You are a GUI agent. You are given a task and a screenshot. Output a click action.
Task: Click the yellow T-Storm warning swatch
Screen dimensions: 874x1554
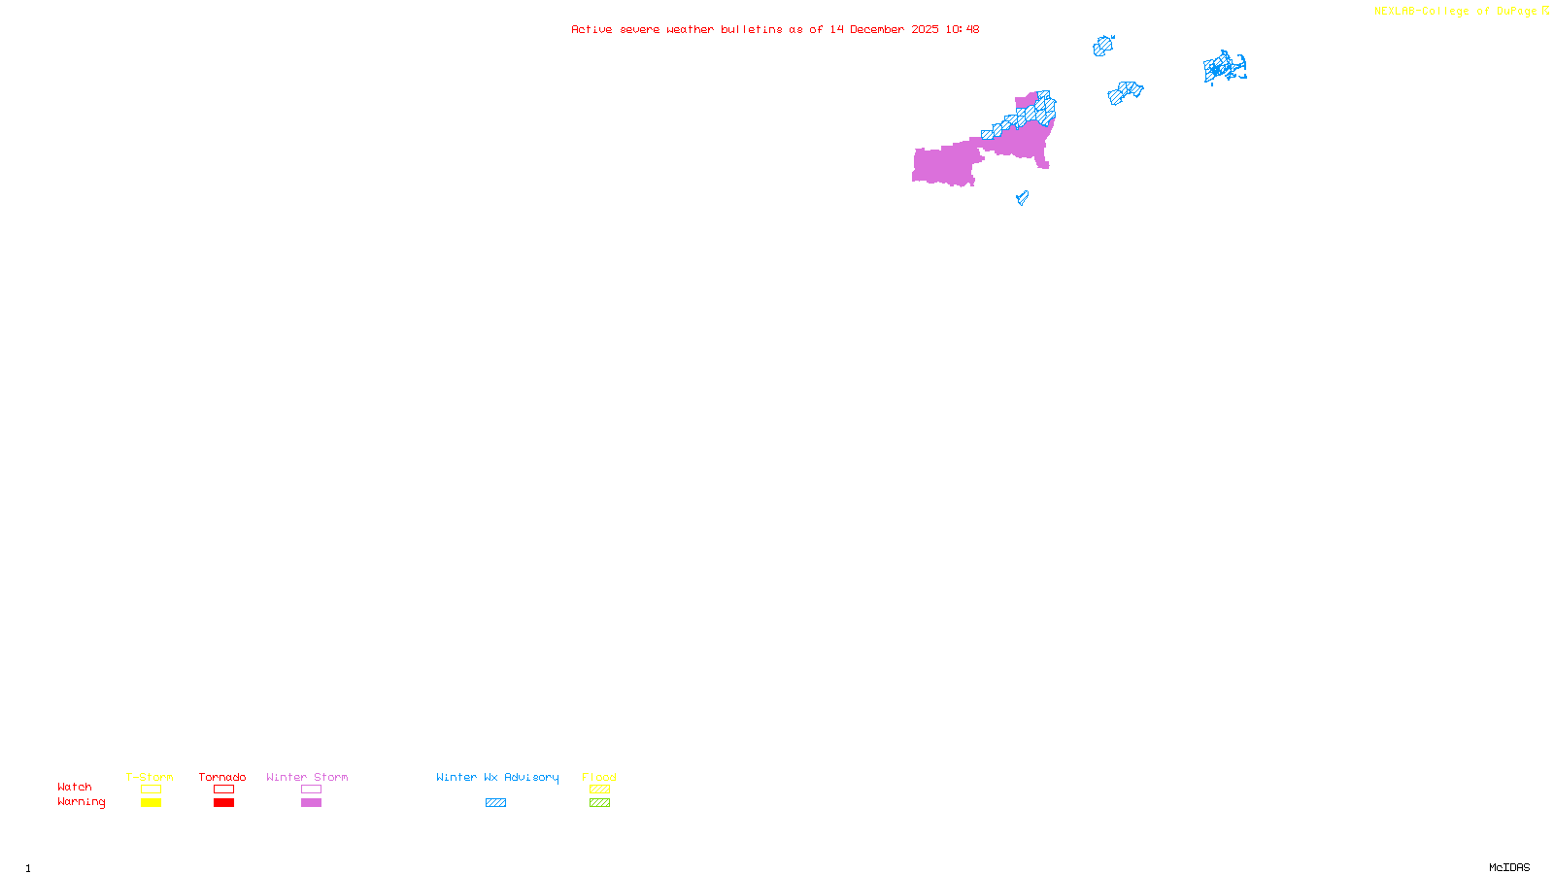coord(151,803)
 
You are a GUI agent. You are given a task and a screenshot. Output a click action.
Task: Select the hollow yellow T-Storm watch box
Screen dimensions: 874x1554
coord(151,790)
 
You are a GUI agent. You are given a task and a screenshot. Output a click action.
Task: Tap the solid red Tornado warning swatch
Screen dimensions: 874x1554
coord(223,803)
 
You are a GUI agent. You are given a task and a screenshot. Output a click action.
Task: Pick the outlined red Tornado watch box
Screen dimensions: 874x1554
coord(223,790)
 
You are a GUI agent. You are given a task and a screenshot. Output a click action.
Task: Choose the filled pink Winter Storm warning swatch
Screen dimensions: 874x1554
coord(311,803)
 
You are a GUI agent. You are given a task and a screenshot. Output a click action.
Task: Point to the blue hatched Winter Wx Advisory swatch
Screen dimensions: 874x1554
coord(495,803)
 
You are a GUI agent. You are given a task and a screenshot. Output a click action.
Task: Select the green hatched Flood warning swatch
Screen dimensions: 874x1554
coord(599,803)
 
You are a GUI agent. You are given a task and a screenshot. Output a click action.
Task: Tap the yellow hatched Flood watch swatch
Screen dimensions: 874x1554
coord(599,790)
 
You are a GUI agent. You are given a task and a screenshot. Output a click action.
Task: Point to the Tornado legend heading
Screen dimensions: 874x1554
coord(222,777)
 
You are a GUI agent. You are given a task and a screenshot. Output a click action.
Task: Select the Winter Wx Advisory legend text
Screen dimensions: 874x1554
coord(497,777)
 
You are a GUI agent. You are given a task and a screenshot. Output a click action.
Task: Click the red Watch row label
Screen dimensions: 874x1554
coord(75,788)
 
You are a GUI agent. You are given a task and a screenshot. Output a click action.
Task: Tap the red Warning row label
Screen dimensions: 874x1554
coord(81,802)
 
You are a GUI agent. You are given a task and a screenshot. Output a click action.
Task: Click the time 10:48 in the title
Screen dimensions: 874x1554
coord(962,29)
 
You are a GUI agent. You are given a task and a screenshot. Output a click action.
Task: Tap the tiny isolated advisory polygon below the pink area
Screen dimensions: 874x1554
coord(1022,198)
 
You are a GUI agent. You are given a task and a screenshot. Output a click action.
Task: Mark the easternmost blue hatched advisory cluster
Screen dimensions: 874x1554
coord(1224,68)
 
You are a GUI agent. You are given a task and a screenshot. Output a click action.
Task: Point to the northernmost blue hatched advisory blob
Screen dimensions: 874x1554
coord(1102,46)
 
